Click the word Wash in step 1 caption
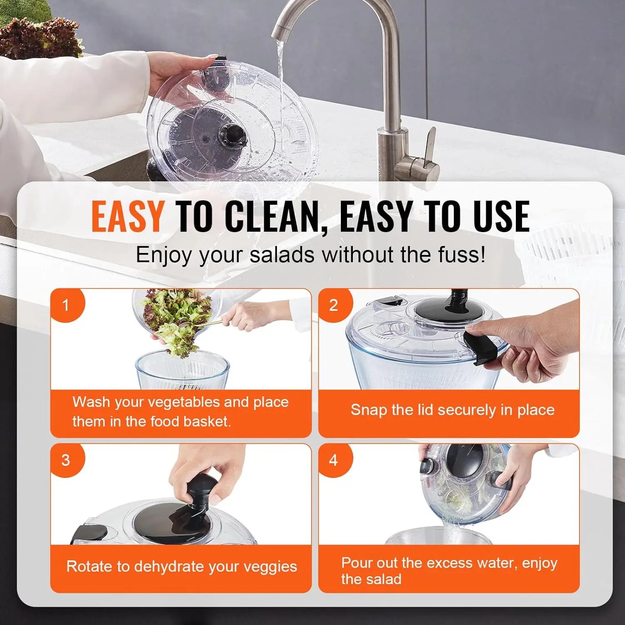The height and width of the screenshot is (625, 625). click(91, 402)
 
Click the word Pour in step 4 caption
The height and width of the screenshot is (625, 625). click(357, 562)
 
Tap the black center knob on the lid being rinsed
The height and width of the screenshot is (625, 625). click(233, 134)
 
